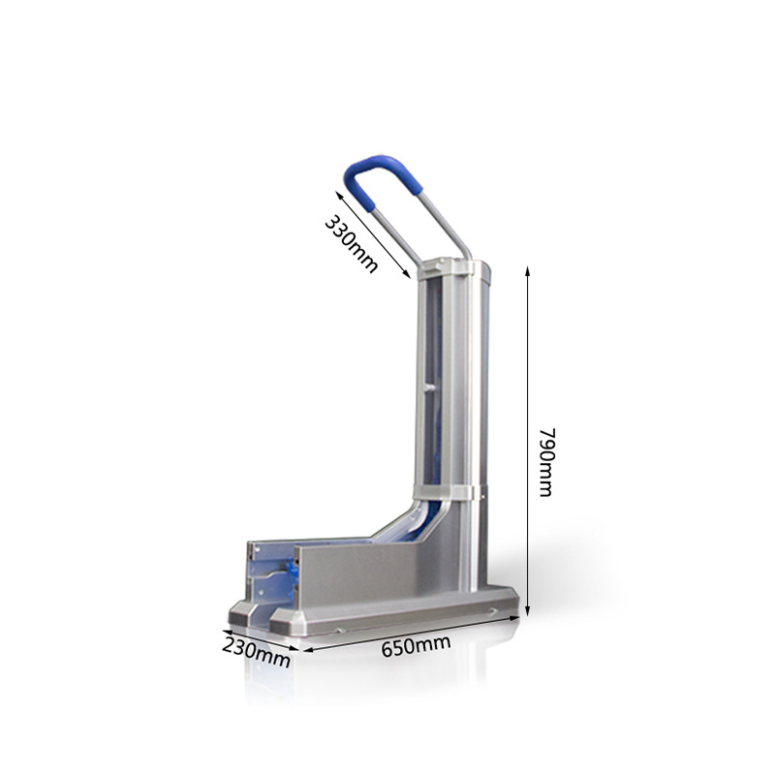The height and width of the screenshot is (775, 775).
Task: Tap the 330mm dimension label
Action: [x=351, y=243]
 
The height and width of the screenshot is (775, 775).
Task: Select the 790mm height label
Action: [x=544, y=462]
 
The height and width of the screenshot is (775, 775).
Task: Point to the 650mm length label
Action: [x=416, y=643]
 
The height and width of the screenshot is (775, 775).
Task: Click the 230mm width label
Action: [x=256, y=649]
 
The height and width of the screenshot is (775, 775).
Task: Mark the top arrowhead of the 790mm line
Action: [x=528, y=270]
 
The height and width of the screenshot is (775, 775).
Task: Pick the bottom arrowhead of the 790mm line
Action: [x=528, y=612]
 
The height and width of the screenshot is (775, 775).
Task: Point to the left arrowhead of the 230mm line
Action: [x=226, y=632]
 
